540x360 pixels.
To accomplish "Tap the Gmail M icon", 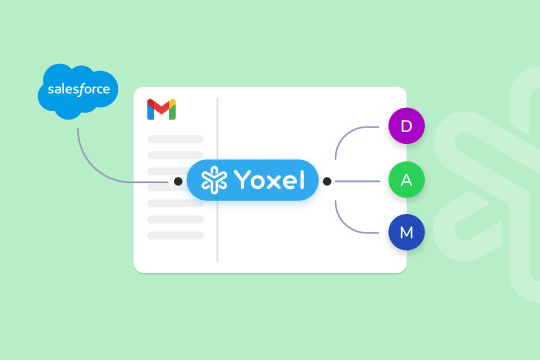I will (161, 109).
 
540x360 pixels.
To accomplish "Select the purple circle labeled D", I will (406, 127).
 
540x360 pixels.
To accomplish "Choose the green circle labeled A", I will (406, 181).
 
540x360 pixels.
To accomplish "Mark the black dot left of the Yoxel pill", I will (178, 181).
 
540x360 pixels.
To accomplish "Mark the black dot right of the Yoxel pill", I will (327, 181).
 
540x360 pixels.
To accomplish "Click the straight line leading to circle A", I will (360, 181).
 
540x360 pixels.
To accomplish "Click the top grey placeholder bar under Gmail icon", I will (175, 139).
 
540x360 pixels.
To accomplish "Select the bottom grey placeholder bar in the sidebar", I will (175, 235).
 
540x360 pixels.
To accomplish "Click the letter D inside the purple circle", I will (406, 127).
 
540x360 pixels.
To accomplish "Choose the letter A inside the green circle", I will (406, 181).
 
